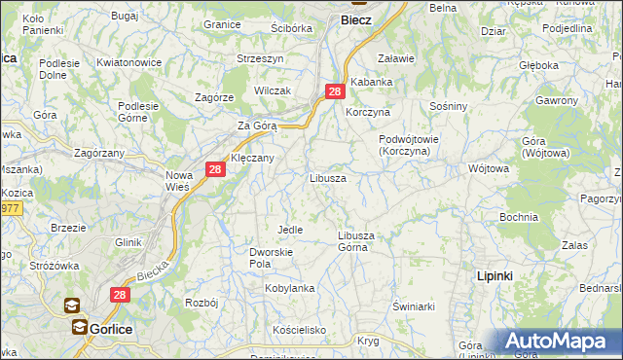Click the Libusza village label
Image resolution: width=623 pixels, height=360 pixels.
328,179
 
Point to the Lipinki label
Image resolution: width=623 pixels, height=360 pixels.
495,276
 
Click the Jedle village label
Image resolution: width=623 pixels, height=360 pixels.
290,230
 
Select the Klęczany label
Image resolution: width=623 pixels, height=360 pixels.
252,158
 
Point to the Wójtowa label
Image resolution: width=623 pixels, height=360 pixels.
489,168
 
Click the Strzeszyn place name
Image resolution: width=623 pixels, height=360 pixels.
260,58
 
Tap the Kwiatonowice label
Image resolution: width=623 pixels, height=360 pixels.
128,62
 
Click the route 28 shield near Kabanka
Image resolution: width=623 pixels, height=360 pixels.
335,91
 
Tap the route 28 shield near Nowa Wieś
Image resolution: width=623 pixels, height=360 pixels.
215,170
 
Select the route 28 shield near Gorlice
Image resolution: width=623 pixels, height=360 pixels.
120,294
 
